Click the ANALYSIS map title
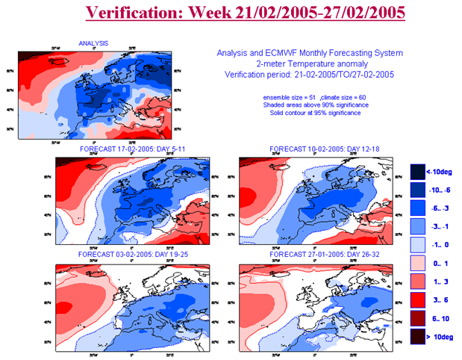[x=93, y=43]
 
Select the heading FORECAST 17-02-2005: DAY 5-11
[x=132, y=149]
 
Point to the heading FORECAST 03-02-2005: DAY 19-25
[x=132, y=255]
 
